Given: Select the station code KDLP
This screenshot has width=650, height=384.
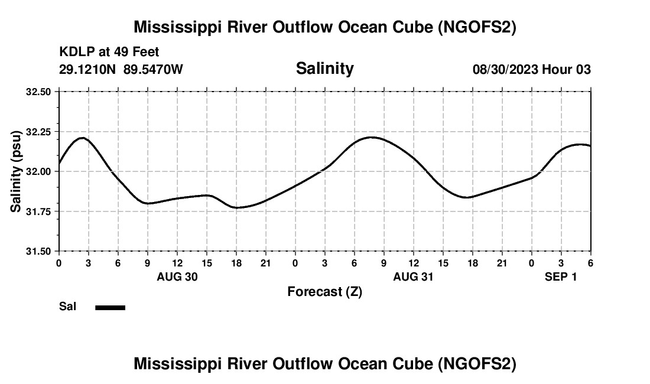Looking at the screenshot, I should (74, 53).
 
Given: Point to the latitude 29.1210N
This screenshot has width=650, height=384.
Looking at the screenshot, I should (89, 69).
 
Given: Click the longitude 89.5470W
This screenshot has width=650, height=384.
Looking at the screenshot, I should (153, 69).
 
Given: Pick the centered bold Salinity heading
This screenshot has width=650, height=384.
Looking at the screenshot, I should (324, 69).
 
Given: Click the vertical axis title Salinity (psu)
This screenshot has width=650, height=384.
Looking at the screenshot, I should (16, 171).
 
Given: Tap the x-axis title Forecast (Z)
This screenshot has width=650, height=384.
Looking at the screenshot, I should (324, 292).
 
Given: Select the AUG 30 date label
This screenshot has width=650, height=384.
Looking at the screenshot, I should (177, 276).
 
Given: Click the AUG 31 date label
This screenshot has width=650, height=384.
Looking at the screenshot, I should (414, 276).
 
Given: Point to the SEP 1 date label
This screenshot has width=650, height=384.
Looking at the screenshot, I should (561, 276).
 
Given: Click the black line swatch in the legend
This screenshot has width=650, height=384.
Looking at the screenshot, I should (110, 307).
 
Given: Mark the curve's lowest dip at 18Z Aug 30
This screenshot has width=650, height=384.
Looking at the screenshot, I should (236, 207).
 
